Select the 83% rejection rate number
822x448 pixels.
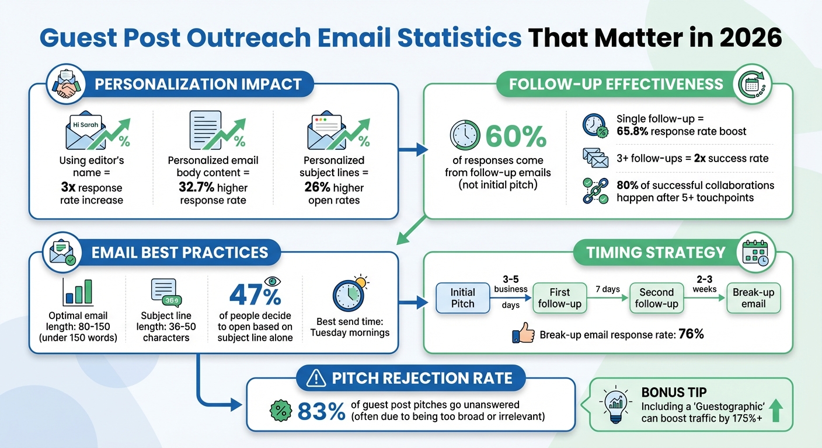pos(321,411)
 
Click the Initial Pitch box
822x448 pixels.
pos(463,297)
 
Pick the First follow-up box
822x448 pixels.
pos(559,297)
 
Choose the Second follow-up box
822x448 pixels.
pos(657,297)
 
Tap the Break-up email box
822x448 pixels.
pos(753,297)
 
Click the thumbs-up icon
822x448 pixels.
pos(523,334)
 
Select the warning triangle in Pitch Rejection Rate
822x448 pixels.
pos(316,379)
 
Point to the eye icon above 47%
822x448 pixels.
pos(273,281)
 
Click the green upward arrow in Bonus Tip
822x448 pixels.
pos(776,411)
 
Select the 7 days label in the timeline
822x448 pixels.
pos(607,289)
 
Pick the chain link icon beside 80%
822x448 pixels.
pos(595,191)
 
